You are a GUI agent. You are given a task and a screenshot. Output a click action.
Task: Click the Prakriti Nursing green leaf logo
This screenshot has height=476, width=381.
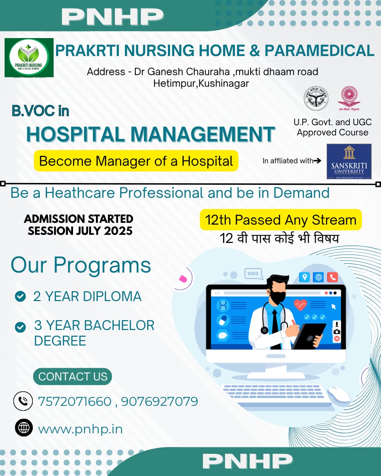click(x=29, y=57)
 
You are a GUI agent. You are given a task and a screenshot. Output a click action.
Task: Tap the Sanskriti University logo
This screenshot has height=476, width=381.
click(x=349, y=161)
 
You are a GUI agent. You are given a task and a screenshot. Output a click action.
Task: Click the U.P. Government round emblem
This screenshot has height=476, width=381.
click(x=316, y=98)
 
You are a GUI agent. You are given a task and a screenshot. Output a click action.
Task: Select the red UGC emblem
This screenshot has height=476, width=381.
click(x=349, y=98)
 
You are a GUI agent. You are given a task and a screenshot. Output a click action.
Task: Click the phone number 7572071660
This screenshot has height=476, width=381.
click(x=74, y=401)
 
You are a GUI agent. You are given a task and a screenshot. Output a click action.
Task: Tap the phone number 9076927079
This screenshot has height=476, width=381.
click(x=159, y=401)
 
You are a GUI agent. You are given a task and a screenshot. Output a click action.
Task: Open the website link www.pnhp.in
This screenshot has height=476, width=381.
click(x=80, y=429)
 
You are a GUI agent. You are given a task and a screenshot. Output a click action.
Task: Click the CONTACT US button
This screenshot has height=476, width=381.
click(x=73, y=377)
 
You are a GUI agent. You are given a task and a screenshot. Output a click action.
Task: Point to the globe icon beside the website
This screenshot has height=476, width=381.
click(x=24, y=428)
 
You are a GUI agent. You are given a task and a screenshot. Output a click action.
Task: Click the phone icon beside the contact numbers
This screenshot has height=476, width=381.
click(x=23, y=401)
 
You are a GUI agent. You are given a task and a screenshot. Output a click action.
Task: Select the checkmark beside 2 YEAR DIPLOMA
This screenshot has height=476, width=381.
click(x=20, y=296)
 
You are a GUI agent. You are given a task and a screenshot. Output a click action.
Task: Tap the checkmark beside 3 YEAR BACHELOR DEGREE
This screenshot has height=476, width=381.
click(x=20, y=327)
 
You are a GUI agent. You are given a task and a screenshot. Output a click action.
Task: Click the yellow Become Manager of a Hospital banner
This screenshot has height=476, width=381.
click(x=136, y=161)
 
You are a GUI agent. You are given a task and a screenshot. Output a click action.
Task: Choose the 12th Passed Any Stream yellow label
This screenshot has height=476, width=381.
click(x=281, y=220)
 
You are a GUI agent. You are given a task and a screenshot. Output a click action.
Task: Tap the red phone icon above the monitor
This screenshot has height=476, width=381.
click(x=332, y=277)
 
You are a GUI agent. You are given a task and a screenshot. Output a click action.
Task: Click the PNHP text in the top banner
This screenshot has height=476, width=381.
click(x=112, y=17)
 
